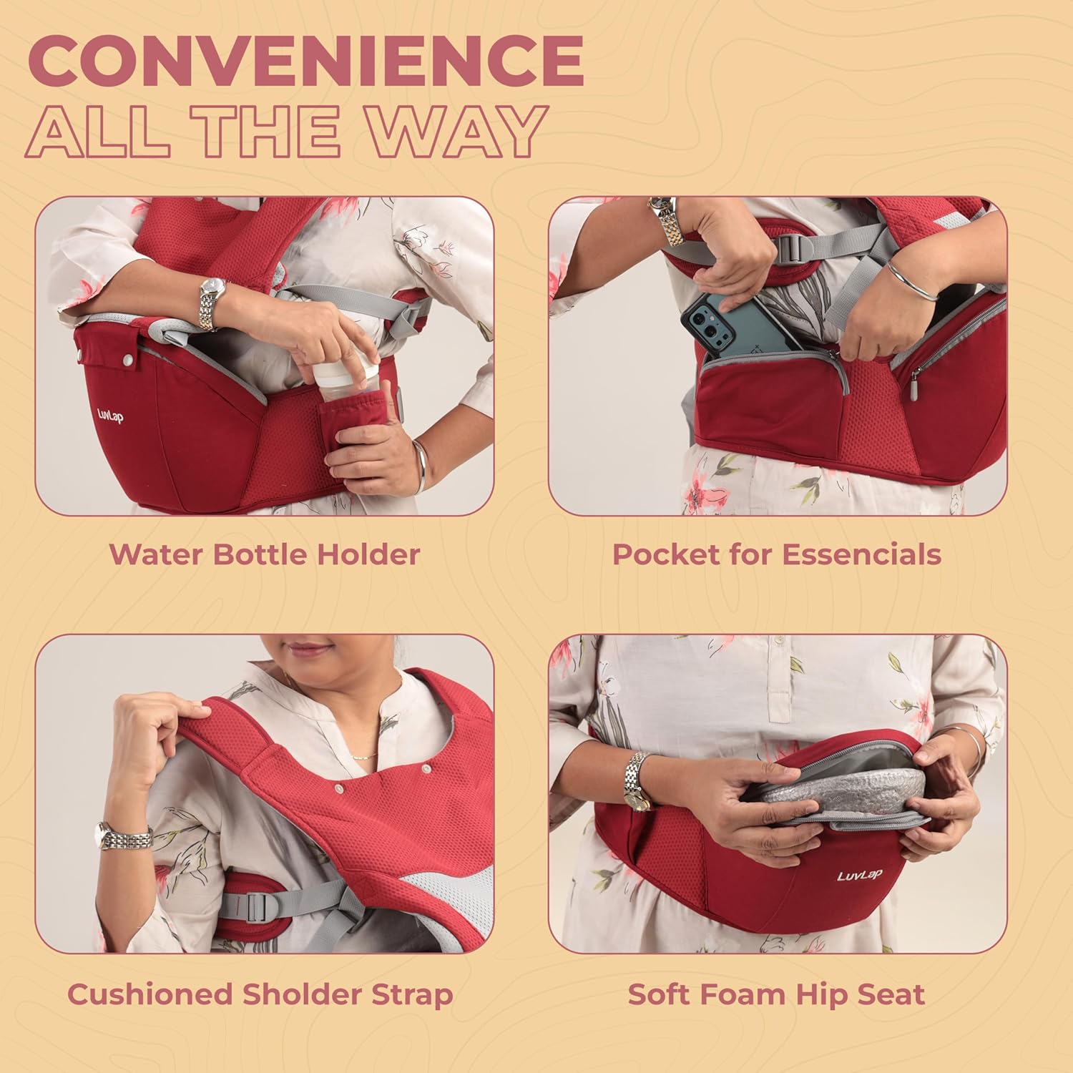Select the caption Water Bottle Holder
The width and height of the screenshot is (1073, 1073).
coord(264,554)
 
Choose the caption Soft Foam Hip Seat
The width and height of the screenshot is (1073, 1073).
coord(777,994)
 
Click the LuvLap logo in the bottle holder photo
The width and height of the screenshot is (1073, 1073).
coord(110,416)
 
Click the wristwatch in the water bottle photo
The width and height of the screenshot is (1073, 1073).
coord(212,303)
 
